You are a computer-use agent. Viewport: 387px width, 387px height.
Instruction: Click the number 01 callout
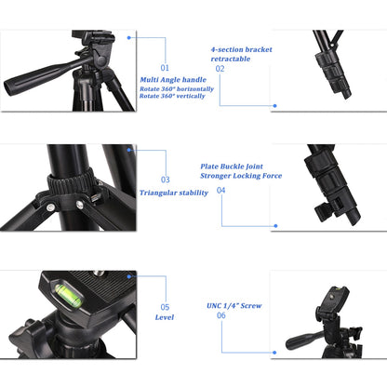[165, 68]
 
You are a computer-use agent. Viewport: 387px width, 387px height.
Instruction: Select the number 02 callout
[220, 68]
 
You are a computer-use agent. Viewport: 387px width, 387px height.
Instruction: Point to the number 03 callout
[165, 180]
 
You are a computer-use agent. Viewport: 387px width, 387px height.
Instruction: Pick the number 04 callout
[220, 190]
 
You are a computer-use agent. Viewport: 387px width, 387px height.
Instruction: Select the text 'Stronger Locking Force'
[241, 177]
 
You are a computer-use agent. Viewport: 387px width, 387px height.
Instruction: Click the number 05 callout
[165, 306]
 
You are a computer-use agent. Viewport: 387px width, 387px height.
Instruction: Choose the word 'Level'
[165, 317]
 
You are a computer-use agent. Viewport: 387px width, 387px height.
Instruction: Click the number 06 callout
[220, 315]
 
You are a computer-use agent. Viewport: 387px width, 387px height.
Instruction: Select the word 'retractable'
[230, 58]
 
